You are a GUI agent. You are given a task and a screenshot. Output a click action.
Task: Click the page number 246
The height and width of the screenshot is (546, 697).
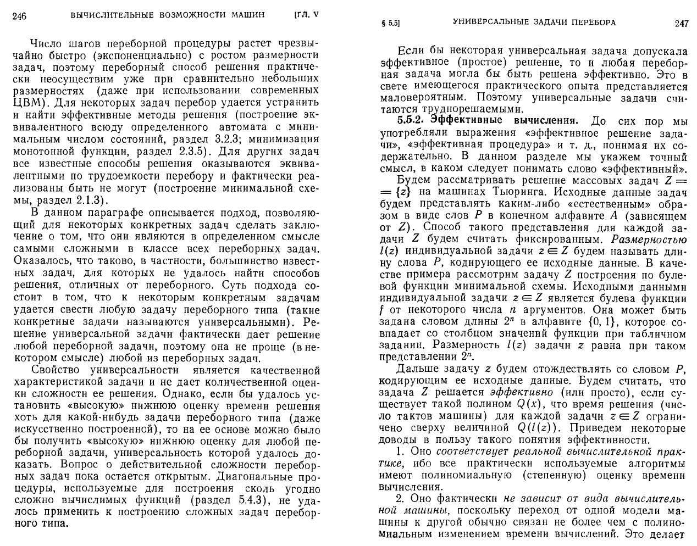pos(20,15)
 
